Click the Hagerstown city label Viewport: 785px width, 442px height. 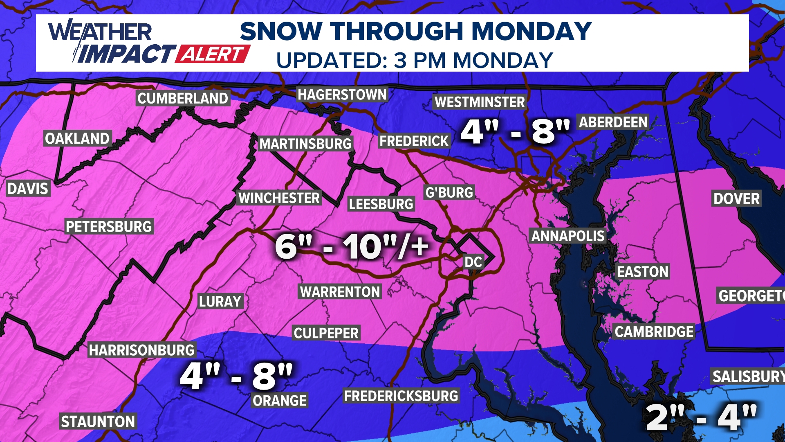pyautogui.click(x=342, y=95)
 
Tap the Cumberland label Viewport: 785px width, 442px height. pyautogui.click(x=183, y=99)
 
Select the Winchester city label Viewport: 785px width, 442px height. pyautogui.click(x=279, y=198)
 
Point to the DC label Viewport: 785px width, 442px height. pyautogui.click(x=473, y=262)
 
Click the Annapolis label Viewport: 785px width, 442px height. pyautogui.click(x=567, y=236)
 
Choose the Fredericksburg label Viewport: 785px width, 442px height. pyautogui.click(x=401, y=396)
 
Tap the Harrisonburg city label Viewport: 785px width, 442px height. pyautogui.click(x=142, y=350)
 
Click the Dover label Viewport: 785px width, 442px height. pyautogui.click(x=736, y=199)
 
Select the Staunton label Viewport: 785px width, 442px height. pyautogui.click(x=98, y=422)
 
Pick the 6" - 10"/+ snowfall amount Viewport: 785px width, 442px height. pyautogui.click(x=352, y=247)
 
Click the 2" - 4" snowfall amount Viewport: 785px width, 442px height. pyautogui.click(x=701, y=417)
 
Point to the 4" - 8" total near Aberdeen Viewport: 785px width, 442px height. pyautogui.click(x=515, y=132)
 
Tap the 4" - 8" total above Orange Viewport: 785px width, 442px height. pyautogui.click(x=236, y=376)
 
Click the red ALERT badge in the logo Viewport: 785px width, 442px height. pyautogui.click(x=213, y=54)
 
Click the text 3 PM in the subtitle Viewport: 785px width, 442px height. pyautogui.click(x=420, y=61)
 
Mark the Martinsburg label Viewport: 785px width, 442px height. pyautogui.click(x=305, y=144)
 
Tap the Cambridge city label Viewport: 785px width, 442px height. pyautogui.click(x=654, y=332)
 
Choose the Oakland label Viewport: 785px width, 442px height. pyautogui.click(x=77, y=139)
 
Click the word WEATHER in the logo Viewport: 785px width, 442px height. pyautogui.click(x=100, y=32)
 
